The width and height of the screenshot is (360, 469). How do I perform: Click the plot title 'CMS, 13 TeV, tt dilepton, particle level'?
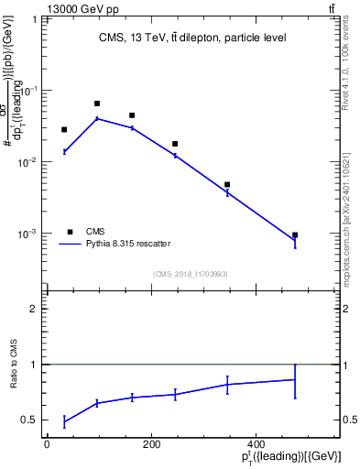point(192,38)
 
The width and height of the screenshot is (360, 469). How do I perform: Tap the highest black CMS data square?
point(97,104)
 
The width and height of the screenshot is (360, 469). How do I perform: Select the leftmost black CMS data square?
point(64,130)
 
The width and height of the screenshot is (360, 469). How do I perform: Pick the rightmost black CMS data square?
point(295,235)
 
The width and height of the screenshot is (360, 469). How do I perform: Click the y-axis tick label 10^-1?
point(29,91)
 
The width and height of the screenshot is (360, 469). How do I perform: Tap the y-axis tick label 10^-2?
point(29,162)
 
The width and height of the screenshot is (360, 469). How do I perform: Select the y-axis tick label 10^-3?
point(29,234)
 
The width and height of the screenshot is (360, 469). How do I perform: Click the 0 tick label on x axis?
point(47,444)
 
